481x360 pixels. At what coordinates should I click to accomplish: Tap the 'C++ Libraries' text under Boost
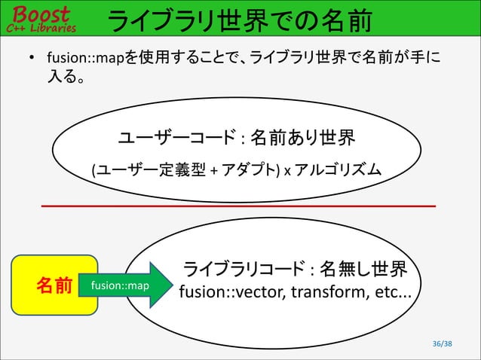click(41, 28)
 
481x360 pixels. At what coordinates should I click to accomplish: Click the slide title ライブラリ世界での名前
click(240, 23)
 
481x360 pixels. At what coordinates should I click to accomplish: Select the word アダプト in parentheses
click(250, 171)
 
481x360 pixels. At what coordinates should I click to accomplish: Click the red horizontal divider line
click(238, 205)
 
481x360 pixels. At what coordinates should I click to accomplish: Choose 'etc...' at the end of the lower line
click(391, 291)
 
